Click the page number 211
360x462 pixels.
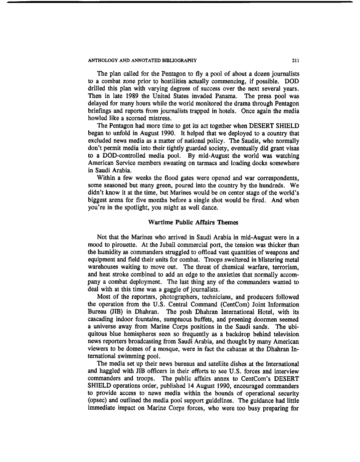[295, 60]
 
